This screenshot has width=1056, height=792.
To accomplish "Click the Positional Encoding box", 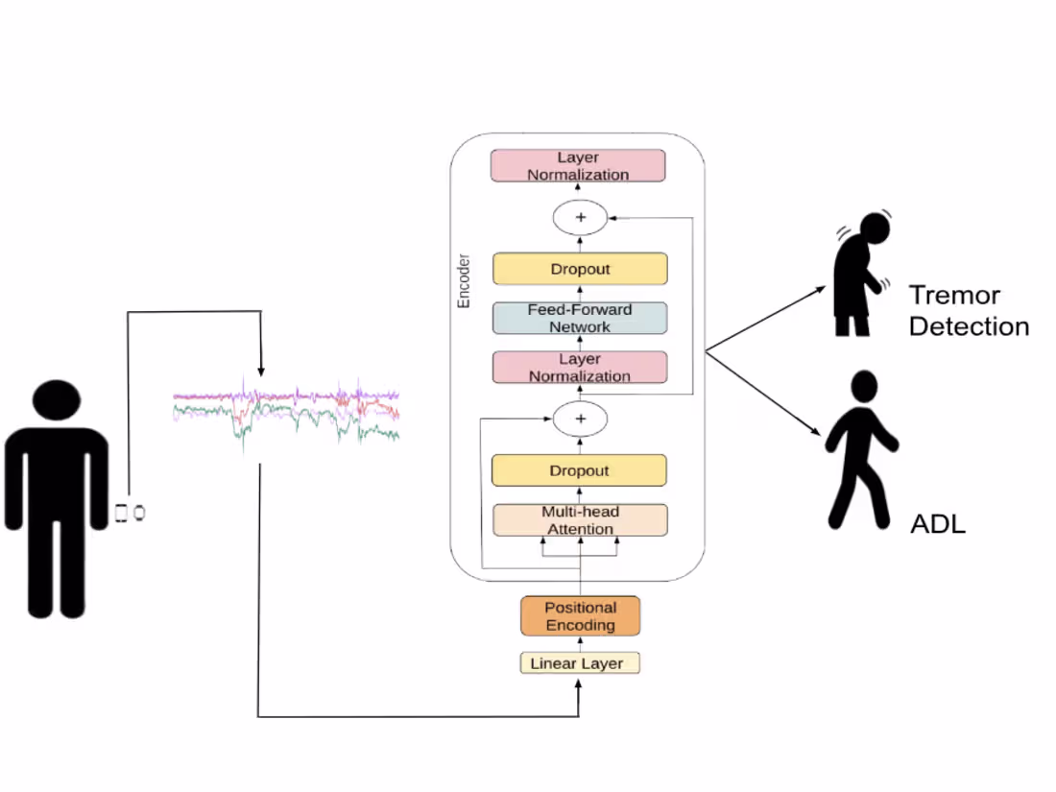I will pyautogui.click(x=580, y=616).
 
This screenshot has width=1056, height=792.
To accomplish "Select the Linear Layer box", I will pyautogui.click(x=580, y=663).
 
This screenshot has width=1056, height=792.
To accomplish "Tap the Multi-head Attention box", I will pyautogui.click(x=580, y=520).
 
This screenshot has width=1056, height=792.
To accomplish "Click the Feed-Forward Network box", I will pyautogui.click(x=580, y=319).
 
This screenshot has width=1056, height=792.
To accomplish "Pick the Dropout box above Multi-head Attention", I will pyautogui.click(x=580, y=471).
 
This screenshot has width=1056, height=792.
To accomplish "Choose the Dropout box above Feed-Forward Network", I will pyautogui.click(x=580, y=270).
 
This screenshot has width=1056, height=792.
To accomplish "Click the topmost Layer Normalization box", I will pyautogui.click(x=579, y=166).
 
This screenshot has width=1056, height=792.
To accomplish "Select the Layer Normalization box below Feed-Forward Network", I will pyautogui.click(x=580, y=368).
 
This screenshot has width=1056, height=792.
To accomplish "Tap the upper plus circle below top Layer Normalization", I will pyautogui.click(x=580, y=218).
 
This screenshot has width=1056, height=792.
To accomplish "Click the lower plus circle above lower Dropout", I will pyautogui.click(x=580, y=420).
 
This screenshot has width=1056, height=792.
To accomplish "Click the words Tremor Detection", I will pyautogui.click(x=968, y=310).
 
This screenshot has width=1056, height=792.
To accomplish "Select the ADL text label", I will pyautogui.click(x=937, y=524).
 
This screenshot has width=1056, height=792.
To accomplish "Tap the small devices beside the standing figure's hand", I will pyautogui.click(x=130, y=513).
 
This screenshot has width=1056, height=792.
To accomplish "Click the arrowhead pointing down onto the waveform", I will pyautogui.click(x=260, y=370).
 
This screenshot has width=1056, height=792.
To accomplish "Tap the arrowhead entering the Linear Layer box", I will pyautogui.click(x=579, y=681).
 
